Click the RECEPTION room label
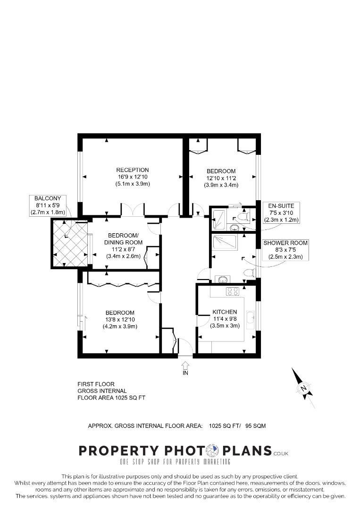133,170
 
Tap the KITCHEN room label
225,312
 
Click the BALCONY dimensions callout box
48,205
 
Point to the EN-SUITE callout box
281,212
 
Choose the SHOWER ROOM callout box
285,250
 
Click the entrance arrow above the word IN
185,365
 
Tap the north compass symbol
303,388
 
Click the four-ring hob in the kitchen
232,291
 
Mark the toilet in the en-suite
242,217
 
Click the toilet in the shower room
250,272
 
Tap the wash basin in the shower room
221,279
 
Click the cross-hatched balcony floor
70,243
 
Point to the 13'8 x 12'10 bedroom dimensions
120,320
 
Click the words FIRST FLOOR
96,384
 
